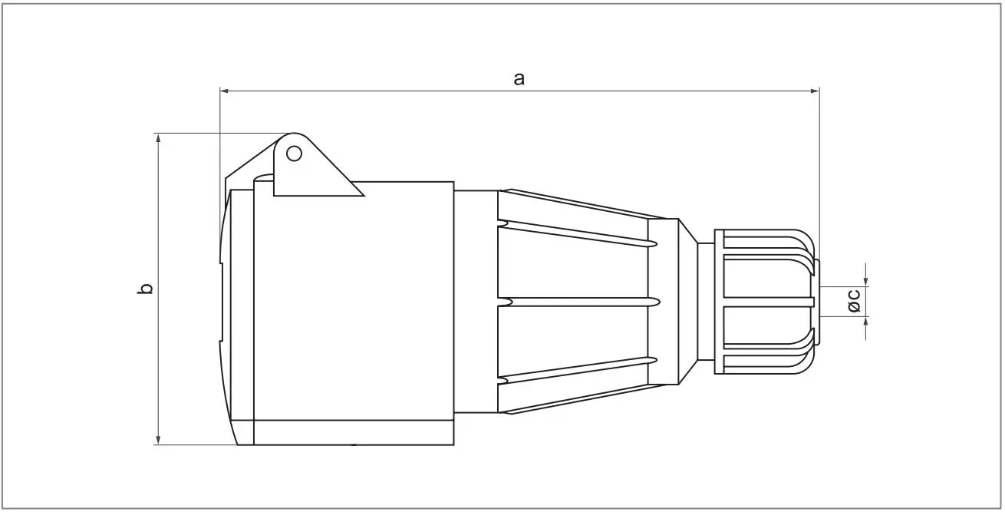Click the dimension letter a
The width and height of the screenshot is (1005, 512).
click(x=519, y=78)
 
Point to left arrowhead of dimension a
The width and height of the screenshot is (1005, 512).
click(x=225, y=91)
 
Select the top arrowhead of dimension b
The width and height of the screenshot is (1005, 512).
click(x=158, y=138)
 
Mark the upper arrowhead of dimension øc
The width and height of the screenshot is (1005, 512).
click(x=866, y=281)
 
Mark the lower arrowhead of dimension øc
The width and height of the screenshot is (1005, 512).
click(x=866, y=323)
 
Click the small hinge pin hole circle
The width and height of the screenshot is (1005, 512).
click(x=293, y=154)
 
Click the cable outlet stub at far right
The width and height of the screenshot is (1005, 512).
click(x=816, y=301)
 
